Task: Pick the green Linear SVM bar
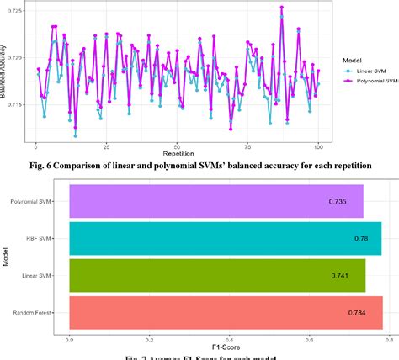tap(217, 276)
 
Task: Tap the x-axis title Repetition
tap(177, 153)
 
